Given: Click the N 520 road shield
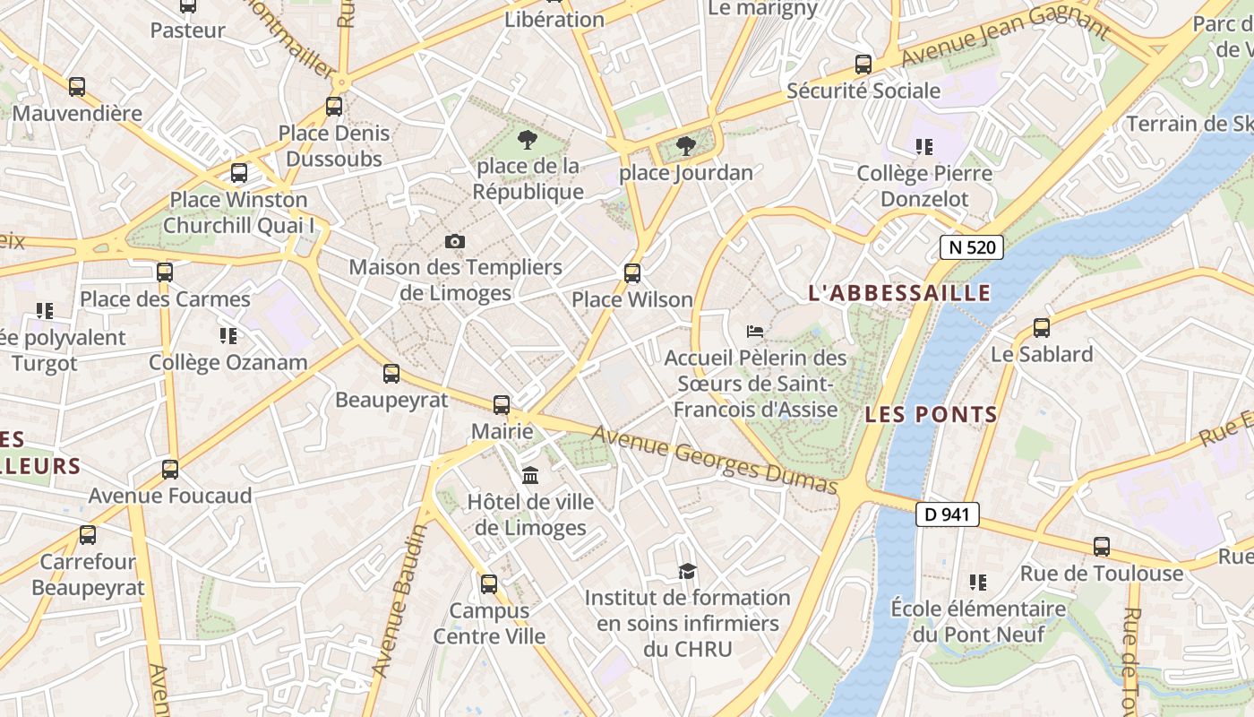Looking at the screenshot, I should coord(971,247).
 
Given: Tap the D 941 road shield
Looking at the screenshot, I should coord(948,514).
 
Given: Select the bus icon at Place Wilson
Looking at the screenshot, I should coord(632,273).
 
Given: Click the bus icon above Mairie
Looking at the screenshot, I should coord(502,405).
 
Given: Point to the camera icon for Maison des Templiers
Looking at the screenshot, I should coord(455,241).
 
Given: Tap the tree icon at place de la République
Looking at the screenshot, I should coord(528,140).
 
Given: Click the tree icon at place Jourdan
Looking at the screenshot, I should coord(686,146).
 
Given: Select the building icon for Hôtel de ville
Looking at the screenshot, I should coord(530,475).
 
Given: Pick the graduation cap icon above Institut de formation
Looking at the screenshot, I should coord(687,571).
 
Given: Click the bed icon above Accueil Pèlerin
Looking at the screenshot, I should coord(755,331).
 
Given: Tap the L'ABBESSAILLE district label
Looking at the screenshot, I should coord(899,293).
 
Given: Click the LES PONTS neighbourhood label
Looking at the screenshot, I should coord(931,414).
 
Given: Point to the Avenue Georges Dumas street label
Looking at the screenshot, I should coord(715,459).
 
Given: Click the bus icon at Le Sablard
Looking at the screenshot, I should coord(1041,328).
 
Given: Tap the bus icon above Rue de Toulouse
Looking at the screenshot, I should coord(1102,547).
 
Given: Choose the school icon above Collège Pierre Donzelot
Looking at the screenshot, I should coord(924,146).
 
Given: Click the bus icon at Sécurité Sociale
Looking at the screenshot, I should coord(863,65).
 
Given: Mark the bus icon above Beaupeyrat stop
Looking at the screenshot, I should coord(391,374).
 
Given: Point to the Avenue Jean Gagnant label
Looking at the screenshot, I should coord(1005,37).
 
